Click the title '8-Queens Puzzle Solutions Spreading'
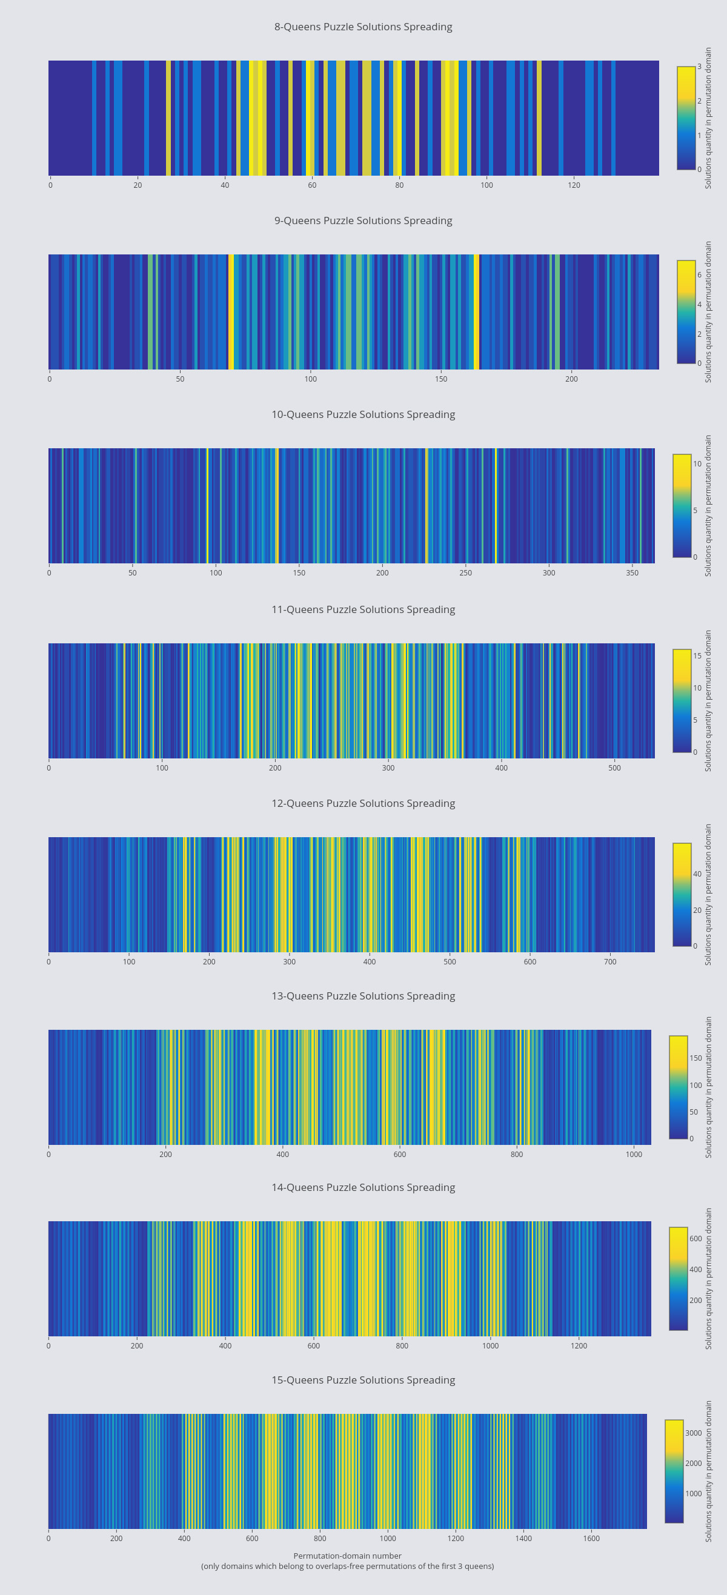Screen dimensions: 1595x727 coord(363,27)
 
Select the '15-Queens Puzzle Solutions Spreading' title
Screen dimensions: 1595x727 coord(363,1379)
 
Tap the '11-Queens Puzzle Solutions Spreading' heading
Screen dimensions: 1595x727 coord(363,609)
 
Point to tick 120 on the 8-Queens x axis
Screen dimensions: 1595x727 coord(574,185)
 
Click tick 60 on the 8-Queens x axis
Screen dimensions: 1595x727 coord(312,185)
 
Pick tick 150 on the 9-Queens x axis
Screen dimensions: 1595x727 coord(441,379)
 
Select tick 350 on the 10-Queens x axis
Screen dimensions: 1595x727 coord(632,572)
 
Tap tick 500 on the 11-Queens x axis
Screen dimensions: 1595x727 coord(614,768)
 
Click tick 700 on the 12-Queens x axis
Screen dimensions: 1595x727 coord(610,961)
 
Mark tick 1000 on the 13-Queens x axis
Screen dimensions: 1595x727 coord(634,1154)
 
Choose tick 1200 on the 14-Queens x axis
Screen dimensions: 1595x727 coord(579,1345)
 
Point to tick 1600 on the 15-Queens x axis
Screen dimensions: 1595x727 coord(591,1538)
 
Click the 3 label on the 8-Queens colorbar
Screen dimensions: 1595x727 coord(699,67)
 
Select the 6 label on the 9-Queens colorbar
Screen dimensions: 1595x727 coord(699,275)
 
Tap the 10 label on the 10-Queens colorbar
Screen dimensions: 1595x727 coord(697,464)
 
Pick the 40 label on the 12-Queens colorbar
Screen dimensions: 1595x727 coord(697,874)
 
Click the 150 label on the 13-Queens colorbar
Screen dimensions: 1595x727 coord(695,1058)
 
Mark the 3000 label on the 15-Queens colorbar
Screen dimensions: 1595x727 coord(693,1433)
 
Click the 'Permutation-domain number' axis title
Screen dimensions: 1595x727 coord(347,1556)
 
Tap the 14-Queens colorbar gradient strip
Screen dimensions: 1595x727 coord(678,1278)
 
